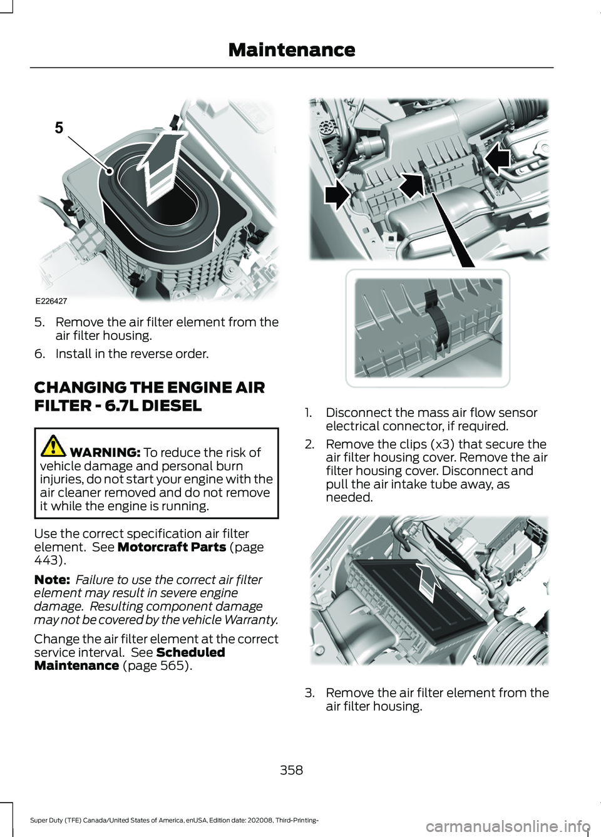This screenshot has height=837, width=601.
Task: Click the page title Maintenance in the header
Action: [x=292, y=50]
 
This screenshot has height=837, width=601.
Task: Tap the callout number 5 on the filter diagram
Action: [x=59, y=128]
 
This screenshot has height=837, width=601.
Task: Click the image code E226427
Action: [x=51, y=301]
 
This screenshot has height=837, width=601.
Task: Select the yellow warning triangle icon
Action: [x=54, y=445]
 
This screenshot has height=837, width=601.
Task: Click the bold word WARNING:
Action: [x=105, y=453]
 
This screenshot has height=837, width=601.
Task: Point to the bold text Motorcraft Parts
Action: [x=172, y=547]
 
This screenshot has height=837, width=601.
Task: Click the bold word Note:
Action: [x=52, y=580]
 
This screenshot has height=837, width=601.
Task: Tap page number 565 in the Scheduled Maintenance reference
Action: [x=167, y=665]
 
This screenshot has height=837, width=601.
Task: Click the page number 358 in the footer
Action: [x=292, y=769]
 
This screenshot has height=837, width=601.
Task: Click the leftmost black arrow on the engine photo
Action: [x=337, y=195]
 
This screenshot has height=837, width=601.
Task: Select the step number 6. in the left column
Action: [x=40, y=354]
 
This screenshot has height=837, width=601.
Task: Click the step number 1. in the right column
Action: [x=309, y=413]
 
